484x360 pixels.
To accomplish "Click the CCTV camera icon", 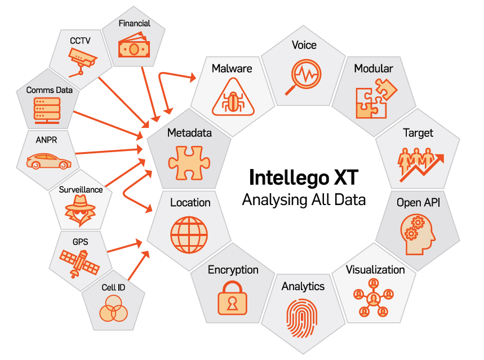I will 82,60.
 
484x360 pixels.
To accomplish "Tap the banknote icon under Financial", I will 134,48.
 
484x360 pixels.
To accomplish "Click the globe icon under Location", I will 189,232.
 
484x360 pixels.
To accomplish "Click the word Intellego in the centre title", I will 286,177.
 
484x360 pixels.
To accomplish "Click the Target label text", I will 418,133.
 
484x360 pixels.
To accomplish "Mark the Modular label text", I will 374,69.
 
